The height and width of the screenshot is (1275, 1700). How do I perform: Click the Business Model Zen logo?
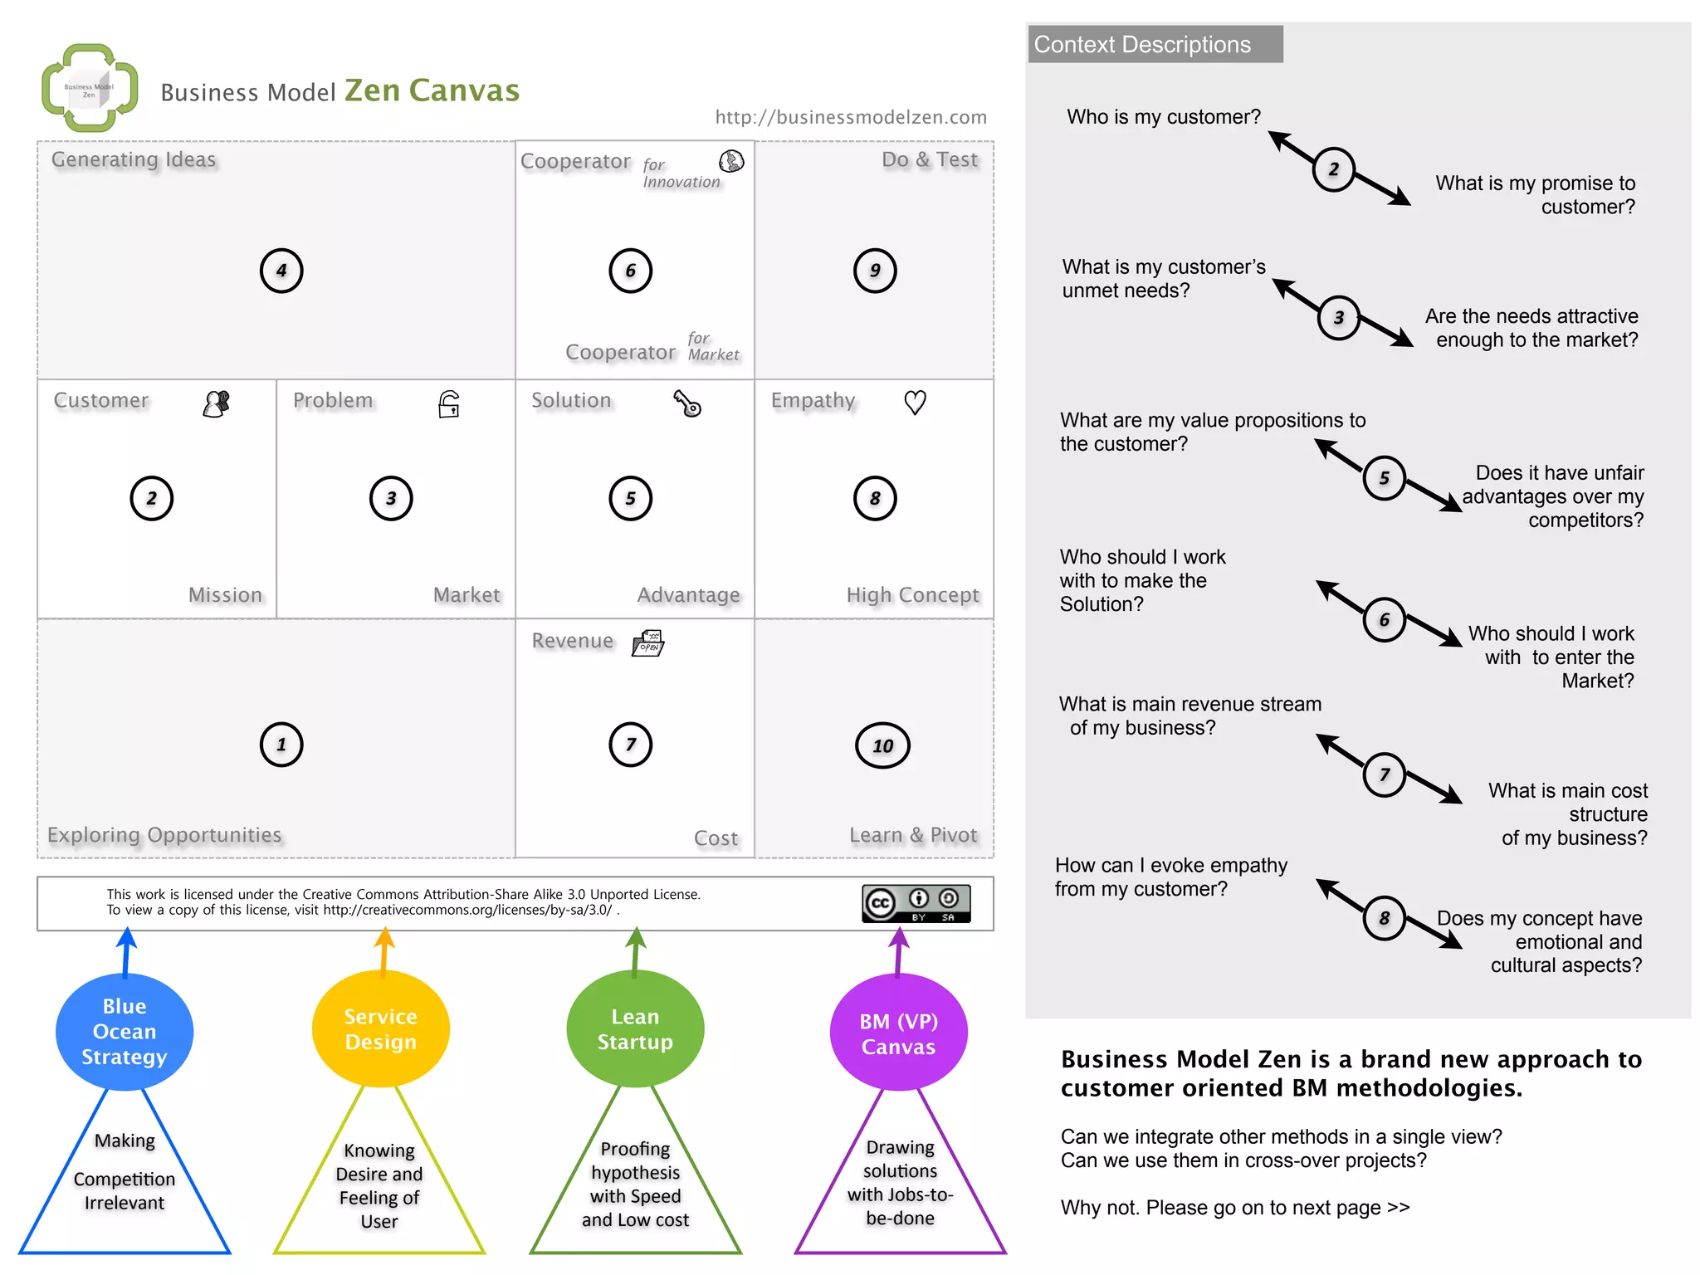pos(90,88)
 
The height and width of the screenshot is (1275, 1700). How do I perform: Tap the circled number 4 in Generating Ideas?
pos(281,271)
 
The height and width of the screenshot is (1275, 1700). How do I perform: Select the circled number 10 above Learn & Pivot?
pos(882,745)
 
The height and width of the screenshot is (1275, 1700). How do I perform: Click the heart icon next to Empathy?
pos(915,403)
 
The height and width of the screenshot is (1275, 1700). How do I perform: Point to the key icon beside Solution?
pos(687,403)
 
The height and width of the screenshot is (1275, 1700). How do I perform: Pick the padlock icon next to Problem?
pos(449,404)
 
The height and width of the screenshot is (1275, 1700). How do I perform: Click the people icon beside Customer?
pos(217,404)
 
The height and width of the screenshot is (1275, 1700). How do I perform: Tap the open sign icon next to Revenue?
pos(648,643)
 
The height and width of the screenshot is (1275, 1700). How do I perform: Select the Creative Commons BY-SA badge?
pos(916,903)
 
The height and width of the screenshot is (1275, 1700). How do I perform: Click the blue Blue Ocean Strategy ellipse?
pos(125,1031)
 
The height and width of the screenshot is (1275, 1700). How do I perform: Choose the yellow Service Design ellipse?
pos(381,1029)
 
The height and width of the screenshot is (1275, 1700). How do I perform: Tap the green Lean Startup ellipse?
pos(635,1029)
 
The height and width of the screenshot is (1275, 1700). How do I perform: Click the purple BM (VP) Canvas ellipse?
pos(898,1033)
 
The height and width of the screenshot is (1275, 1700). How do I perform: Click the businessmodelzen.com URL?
pos(851,117)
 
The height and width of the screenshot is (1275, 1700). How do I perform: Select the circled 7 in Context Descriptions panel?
pos(1384,774)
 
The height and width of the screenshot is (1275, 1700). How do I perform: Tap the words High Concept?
pos(912,595)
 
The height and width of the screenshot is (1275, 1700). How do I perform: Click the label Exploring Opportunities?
pos(164,835)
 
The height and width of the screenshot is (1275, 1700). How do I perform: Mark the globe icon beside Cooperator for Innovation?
pos(731,161)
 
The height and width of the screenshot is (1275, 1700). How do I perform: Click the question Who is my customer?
pos(1163,117)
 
